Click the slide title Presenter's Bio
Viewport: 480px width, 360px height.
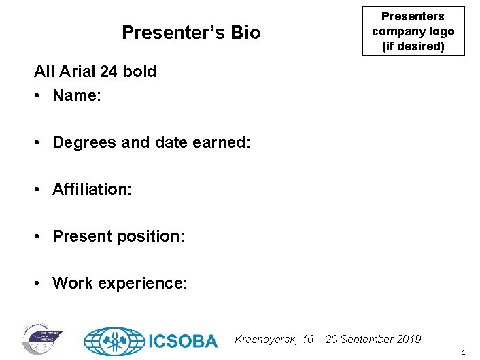coord(190,33)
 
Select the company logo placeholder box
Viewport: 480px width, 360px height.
coord(413,31)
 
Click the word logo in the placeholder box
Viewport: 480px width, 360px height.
coord(439,31)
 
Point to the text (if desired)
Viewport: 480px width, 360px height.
coord(413,46)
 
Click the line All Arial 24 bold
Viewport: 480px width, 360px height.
coord(95,71)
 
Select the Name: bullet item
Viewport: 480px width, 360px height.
coord(76,95)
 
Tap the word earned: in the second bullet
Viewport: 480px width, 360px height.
coord(222,143)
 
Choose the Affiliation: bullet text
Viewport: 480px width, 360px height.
coord(92,189)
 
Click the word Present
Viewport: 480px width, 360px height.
coord(80,236)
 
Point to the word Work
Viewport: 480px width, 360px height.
coord(71,282)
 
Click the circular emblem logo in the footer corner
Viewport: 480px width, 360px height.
coord(42,338)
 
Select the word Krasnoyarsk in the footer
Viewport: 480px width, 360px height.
coord(264,339)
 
